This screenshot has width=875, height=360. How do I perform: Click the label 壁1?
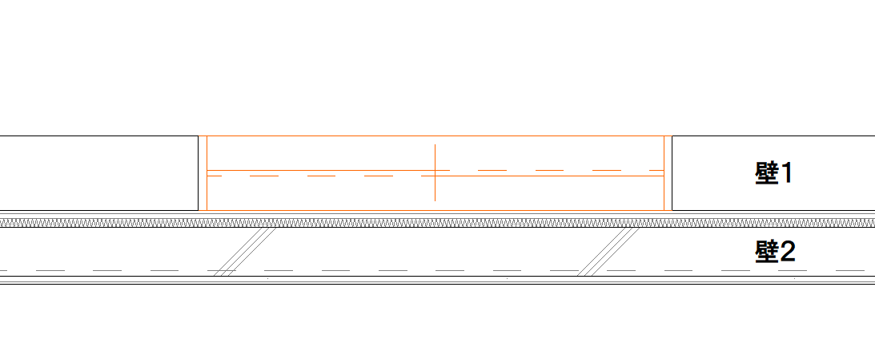(x=774, y=173)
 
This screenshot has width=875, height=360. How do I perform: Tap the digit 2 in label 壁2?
(x=786, y=253)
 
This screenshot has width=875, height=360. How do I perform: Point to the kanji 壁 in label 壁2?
(x=765, y=253)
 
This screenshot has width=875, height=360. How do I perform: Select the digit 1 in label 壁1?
(x=785, y=173)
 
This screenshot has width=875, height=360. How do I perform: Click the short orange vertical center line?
(x=435, y=172)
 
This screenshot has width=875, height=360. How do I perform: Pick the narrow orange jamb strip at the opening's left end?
(x=203, y=173)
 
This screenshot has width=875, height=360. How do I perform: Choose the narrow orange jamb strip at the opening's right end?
(x=668, y=173)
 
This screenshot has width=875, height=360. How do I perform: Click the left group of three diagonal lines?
(x=245, y=252)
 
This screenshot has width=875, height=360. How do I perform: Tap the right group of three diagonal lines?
(x=608, y=252)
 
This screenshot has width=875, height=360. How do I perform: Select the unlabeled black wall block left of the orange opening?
(x=98, y=173)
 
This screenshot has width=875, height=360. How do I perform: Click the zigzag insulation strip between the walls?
(x=437, y=223)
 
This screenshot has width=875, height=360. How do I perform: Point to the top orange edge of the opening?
(x=435, y=136)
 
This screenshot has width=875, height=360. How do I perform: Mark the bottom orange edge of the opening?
(x=435, y=211)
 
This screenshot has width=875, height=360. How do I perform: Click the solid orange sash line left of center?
(x=328, y=170)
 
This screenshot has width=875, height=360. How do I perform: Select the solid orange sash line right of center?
(x=543, y=176)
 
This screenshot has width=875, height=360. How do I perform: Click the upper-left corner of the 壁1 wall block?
(x=672, y=136)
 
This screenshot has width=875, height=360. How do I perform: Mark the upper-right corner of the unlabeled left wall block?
(x=198, y=136)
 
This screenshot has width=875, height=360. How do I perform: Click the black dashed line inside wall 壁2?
(x=437, y=270)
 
